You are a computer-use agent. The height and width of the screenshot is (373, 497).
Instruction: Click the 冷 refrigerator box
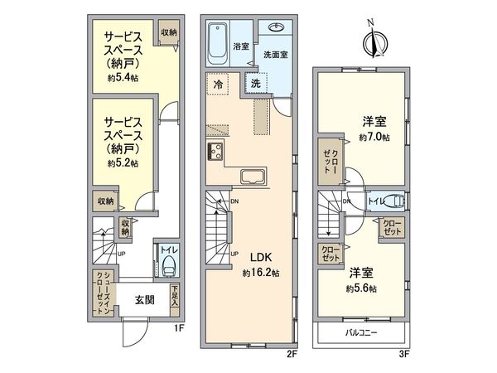point(217,84)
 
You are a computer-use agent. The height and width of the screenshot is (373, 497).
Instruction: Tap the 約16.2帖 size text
point(258,273)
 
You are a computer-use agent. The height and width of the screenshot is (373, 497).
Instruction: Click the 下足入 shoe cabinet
point(175,297)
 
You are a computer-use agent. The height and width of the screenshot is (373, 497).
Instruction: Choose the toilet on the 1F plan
point(169,265)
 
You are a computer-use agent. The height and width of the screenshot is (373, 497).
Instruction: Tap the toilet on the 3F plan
point(396,201)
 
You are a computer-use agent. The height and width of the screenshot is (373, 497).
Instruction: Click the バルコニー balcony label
point(360,333)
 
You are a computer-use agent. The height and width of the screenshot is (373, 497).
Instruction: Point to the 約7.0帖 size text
point(374,137)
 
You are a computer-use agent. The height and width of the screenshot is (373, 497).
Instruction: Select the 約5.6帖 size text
point(361,288)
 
